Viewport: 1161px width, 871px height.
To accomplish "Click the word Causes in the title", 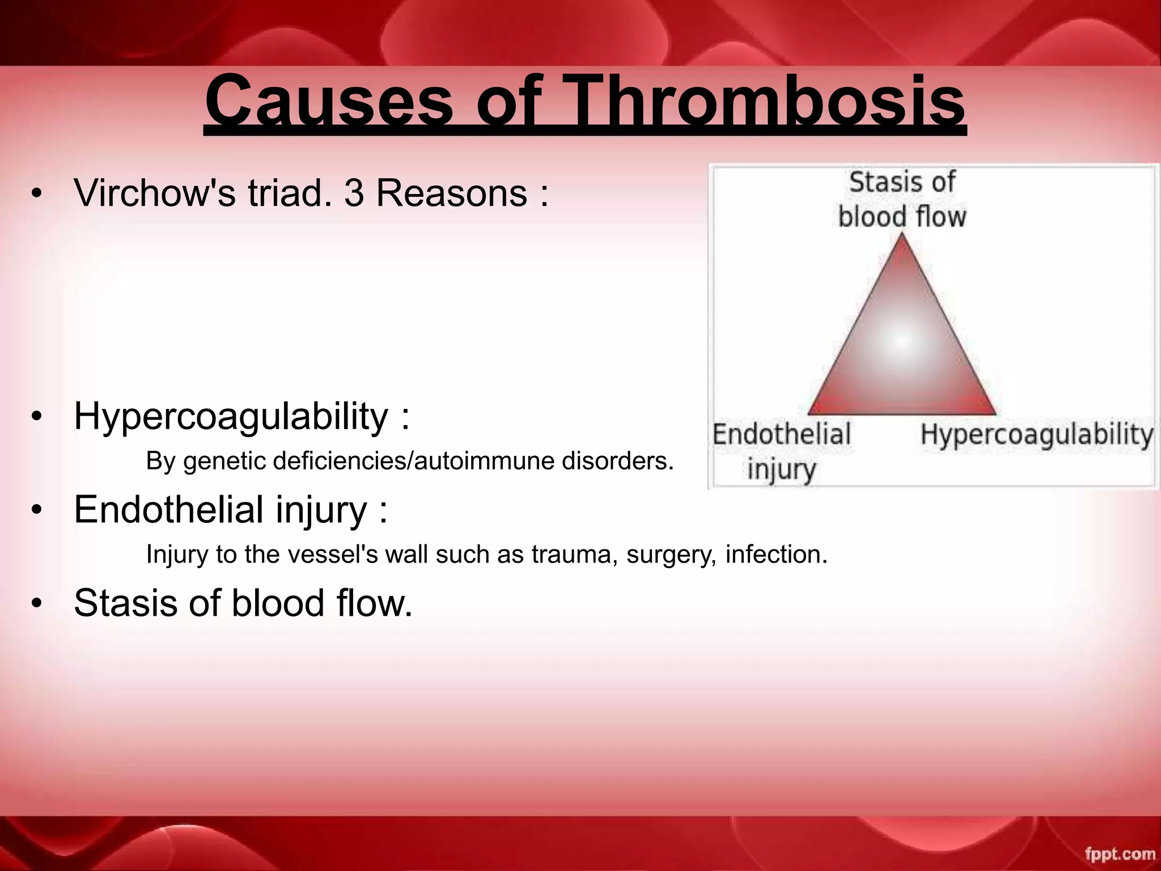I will pos(328,102).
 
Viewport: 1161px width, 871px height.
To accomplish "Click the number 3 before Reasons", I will pos(354,193).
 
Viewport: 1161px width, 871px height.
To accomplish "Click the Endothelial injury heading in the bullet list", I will pos(221,510).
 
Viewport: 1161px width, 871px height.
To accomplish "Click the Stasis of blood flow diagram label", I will pos(901,200).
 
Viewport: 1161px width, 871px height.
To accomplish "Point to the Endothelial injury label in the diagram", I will pos(781,452).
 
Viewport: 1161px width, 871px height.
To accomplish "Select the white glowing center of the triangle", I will pos(901,340).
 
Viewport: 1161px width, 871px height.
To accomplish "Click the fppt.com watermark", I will pos(1120,854).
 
